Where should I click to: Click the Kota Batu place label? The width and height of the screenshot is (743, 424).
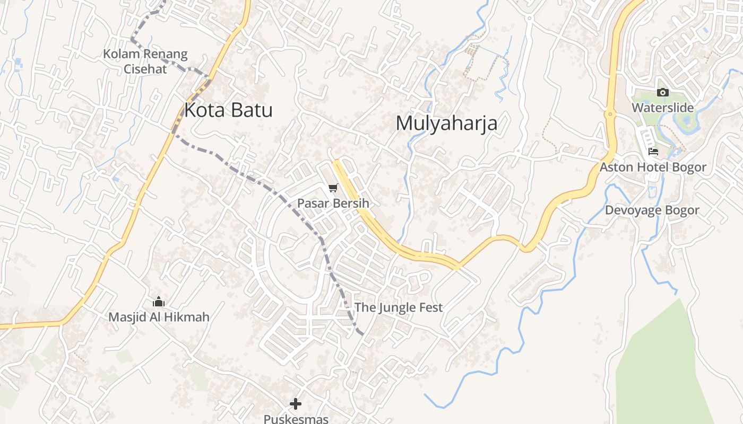tap(228, 110)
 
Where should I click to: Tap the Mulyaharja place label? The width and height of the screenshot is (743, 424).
tap(446, 123)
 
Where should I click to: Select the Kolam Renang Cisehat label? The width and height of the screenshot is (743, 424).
tap(145, 61)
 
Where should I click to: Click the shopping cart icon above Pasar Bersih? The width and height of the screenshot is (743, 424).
tap(333, 188)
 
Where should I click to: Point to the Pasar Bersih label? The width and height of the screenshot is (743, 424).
tap(333, 204)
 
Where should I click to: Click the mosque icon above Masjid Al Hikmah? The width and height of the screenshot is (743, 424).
tap(159, 302)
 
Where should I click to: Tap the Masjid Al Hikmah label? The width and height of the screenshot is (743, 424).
tap(159, 317)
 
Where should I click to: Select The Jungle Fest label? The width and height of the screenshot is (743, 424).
tap(398, 307)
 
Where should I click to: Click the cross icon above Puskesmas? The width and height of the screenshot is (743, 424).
tap(296, 404)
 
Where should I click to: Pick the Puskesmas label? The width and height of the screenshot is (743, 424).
tap(296, 419)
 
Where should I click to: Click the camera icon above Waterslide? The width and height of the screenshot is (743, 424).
tap(662, 93)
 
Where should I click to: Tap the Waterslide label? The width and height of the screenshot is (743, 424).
tap(662, 108)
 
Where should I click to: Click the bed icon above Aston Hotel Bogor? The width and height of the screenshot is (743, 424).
tap(653, 152)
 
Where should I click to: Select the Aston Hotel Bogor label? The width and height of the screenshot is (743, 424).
tap(653, 167)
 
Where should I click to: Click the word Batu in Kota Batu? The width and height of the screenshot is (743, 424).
tap(250, 110)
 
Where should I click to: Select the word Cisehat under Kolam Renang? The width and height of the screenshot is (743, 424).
tap(145, 68)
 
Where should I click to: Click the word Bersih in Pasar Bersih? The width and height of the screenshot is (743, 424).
tap(350, 204)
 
